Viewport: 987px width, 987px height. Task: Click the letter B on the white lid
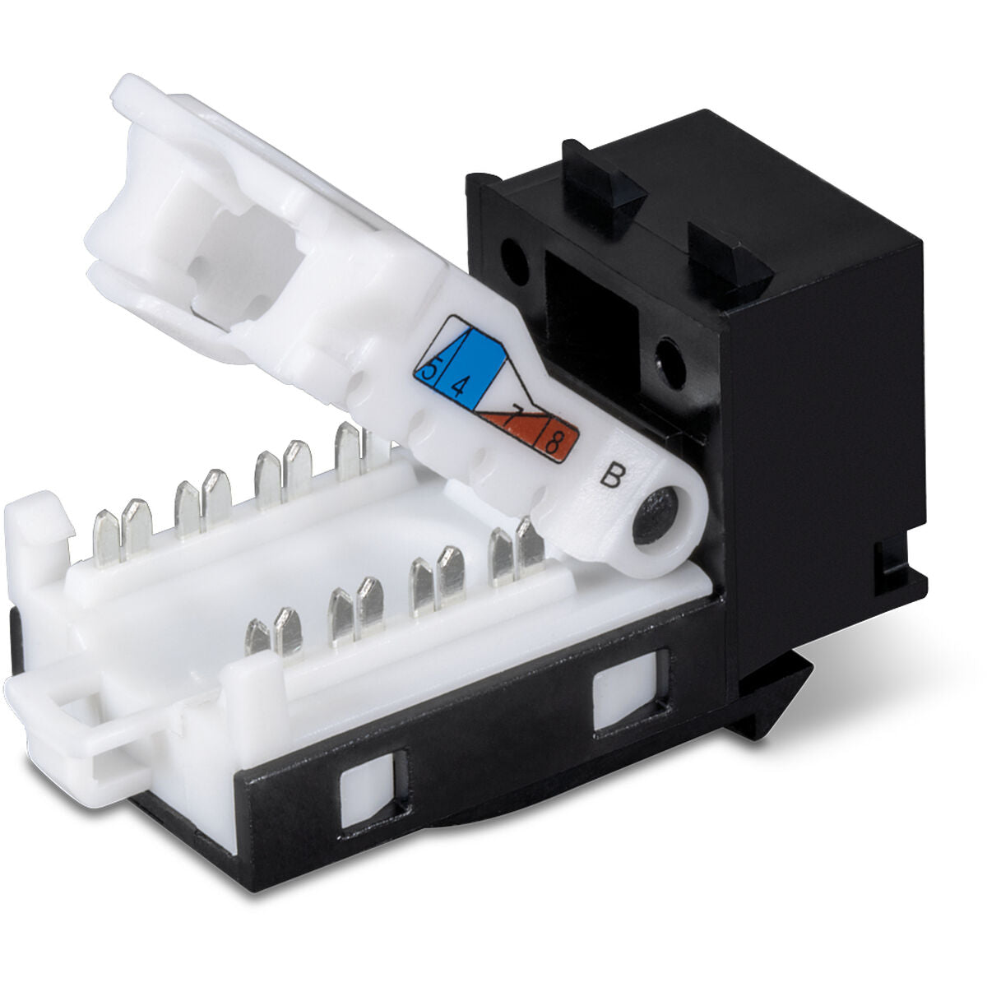(609, 476)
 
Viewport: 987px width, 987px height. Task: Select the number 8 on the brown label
(554, 445)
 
